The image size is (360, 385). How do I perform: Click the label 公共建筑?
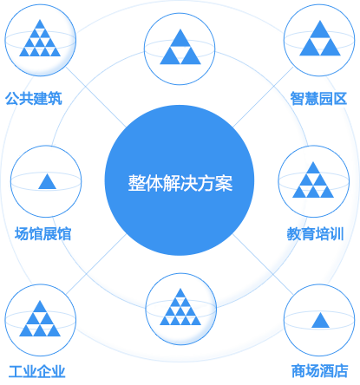coord(34,99)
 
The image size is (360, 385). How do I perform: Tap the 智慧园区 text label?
coord(318,99)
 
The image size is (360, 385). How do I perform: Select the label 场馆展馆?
coord(43,234)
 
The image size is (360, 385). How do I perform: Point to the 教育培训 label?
coord(315,234)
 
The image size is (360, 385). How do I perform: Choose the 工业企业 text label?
coord(36,371)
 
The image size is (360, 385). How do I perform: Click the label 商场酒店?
coord(319,371)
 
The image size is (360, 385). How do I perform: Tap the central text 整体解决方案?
coord(180,183)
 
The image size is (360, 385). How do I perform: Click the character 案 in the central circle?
coord(224,183)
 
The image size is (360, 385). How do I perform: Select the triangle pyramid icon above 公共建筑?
coord(40,38)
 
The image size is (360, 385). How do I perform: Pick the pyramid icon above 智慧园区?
coord(320,38)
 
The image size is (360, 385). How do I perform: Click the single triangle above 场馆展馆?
coord(47,181)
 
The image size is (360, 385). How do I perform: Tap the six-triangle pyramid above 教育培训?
coord(313,179)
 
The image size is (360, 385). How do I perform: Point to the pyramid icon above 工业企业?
coord(40,318)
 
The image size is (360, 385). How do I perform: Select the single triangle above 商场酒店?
coord(320,320)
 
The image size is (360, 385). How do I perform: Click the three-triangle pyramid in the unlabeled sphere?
coord(180,47)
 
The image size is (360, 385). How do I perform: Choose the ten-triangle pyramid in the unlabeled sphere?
coord(180,307)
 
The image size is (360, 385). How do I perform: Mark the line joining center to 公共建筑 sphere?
coord(96,97)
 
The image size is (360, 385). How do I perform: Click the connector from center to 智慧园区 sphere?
coord(263,97)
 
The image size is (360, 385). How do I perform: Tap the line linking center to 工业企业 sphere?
coord(96,264)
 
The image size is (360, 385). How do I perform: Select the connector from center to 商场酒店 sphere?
coord(264,264)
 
